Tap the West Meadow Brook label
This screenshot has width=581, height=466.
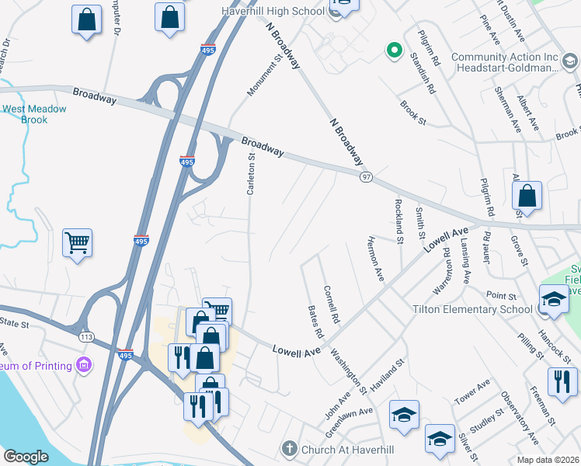(35, 114)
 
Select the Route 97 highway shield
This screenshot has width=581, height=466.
(366, 177)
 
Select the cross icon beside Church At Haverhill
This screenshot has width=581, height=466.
(289, 448)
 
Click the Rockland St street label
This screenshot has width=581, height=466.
(398, 221)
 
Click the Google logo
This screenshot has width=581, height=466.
(26, 457)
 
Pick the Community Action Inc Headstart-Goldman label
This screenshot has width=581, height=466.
(505, 62)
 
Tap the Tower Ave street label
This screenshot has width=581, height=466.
(472, 392)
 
